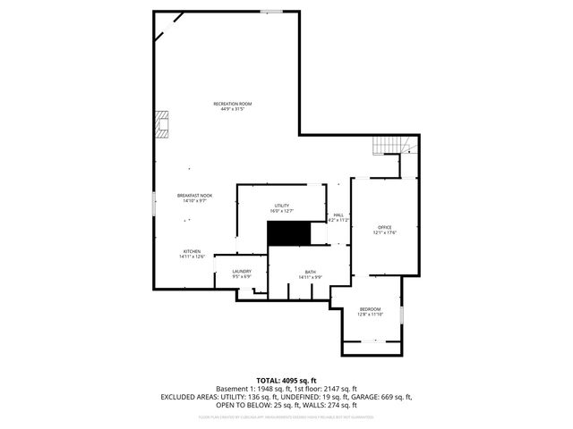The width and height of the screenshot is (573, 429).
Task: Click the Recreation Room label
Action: point(229,104)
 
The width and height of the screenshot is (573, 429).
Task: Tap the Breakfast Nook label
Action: point(194,195)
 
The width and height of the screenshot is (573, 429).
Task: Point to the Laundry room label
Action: point(242,271)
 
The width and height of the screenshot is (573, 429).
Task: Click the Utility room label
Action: point(282,206)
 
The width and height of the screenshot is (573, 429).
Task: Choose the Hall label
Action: point(338,214)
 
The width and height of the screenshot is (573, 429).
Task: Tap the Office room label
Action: point(384,227)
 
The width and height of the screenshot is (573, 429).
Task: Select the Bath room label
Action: point(310,272)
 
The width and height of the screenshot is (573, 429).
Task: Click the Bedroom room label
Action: point(370,308)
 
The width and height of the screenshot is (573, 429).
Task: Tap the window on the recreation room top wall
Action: point(271,11)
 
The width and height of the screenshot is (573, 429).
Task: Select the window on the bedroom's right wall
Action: point(402,314)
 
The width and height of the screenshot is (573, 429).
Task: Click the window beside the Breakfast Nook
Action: point(154,197)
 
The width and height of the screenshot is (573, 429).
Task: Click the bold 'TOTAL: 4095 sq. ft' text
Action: point(286,380)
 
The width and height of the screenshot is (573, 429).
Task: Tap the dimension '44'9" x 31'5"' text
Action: point(229,109)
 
